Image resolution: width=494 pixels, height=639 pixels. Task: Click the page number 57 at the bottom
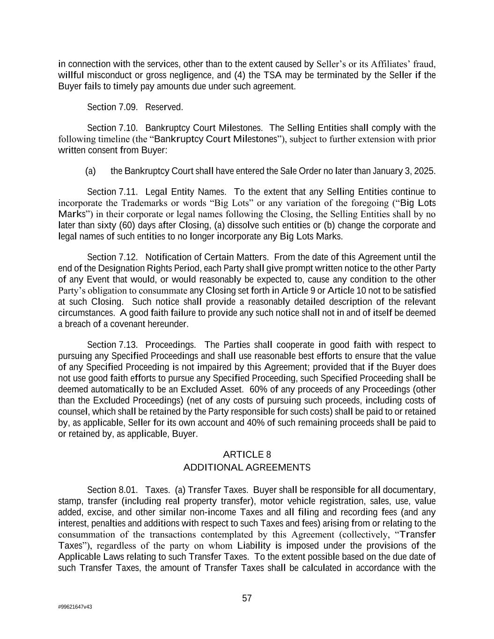247,598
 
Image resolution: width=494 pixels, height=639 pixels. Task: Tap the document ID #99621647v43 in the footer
75,607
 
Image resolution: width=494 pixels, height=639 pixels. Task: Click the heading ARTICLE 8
247,455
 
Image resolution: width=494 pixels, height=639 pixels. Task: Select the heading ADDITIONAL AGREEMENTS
247,467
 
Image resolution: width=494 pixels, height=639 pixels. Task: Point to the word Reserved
164,107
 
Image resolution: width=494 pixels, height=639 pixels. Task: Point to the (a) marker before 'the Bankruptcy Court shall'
90,171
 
